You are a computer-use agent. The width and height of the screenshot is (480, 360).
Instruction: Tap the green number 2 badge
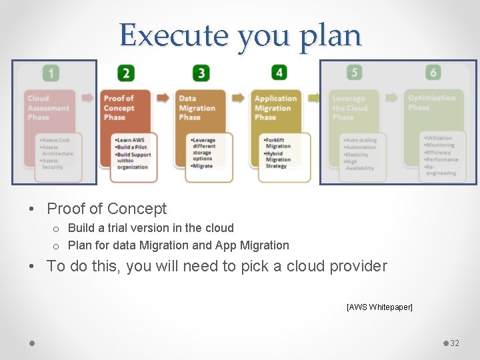pyautogui.click(x=126, y=72)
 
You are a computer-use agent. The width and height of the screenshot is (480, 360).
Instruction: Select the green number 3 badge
pyautogui.click(x=201, y=72)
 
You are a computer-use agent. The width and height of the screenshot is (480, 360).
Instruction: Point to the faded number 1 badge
pyautogui.click(x=51, y=72)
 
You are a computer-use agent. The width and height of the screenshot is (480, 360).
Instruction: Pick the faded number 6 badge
pyautogui.click(x=434, y=72)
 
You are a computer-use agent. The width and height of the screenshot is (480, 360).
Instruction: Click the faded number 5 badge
pyautogui.click(x=355, y=72)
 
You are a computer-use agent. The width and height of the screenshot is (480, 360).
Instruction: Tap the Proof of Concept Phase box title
pyautogui.click(x=119, y=107)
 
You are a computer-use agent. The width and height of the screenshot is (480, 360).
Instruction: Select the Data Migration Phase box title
pyautogui.click(x=197, y=107)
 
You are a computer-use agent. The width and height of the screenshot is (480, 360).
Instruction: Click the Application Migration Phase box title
pyautogui.click(x=275, y=107)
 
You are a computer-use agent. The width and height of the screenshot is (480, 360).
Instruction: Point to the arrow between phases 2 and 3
pyautogui.click(x=163, y=97)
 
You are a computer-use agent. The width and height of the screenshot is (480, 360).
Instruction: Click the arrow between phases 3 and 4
pyautogui.click(x=239, y=97)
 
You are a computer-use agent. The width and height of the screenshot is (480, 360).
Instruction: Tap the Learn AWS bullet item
pyautogui.click(x=130, y=140)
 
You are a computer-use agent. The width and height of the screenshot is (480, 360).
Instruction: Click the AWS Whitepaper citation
pyautogui.click(x=379, y=307)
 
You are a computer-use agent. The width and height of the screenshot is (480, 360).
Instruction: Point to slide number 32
pyautogui.click(x=455, y=343)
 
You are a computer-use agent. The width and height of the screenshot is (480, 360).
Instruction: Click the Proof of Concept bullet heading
pyautogui.click(x=107, y=209)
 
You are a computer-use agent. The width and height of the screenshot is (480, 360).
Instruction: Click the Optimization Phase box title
pyautogui.click(x=431, y=103)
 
